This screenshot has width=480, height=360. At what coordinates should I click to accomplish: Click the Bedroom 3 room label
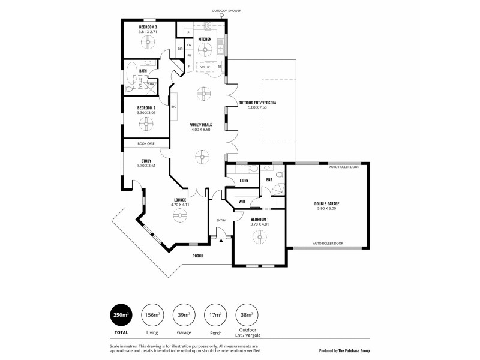click(x=147, y=28)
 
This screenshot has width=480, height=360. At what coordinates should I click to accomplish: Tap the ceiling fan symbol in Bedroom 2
click(x=146, y=124)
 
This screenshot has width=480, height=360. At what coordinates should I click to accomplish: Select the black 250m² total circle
click(x=121, y=314)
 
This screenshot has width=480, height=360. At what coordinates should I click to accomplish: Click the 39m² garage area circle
click(x=184, y=314)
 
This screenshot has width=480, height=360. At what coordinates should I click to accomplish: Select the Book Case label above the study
click(x=146, y=143)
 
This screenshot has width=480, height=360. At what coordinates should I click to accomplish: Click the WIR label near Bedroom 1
click(x=241, y=202)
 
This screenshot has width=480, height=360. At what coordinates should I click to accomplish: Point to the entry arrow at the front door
click(x=221, y=240)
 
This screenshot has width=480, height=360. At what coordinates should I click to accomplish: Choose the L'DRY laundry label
click(x=244, y=181)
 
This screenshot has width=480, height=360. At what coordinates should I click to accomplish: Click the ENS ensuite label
click(x=269, y=179)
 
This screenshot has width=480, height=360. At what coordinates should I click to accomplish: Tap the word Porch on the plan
click(x=197, y=256)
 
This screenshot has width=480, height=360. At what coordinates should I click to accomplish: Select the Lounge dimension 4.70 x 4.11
click(x=180, y=205)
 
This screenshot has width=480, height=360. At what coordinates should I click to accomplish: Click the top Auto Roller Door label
click(x=344, y=167)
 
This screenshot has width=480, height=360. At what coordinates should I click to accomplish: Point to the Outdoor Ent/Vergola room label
click(x=257, y=103)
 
